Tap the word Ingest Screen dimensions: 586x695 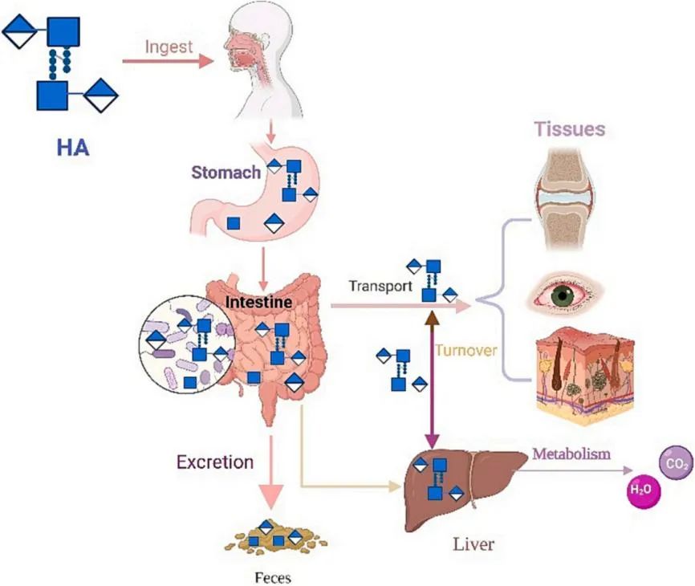(169, 47)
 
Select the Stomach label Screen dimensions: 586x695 (226, 172)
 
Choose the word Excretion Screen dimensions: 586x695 (215, 462)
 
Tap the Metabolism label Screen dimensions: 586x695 (572, 454)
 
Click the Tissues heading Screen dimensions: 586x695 (571, 128)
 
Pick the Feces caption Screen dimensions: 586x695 (270, 576)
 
